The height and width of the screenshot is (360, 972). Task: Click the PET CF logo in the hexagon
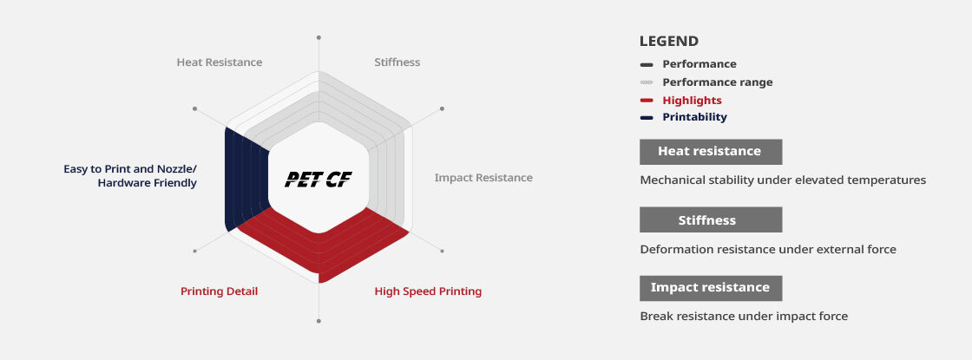pos(319,179)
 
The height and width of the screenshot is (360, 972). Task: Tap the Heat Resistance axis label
pos(220,62)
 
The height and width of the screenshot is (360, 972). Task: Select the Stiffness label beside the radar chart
pos(397,62)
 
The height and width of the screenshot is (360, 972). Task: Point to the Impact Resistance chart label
pos(483,178)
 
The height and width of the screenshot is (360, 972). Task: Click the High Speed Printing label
pos(428,291)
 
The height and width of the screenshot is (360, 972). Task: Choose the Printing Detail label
pos(219,291)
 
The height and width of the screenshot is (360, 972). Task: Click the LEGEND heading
pos(669,42)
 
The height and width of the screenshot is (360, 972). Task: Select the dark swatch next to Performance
pos(647,64)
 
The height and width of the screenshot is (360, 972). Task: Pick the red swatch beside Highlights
pos(647,101)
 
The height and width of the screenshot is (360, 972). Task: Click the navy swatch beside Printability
pos(647,117)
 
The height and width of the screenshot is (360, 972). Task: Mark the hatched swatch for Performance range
pos(647,82)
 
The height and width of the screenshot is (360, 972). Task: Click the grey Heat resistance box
pos(711,152)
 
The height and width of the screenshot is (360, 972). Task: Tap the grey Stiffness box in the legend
pos(711,220)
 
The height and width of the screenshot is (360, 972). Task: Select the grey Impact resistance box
pos(711,288)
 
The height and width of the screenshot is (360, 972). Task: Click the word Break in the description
pos(654,317)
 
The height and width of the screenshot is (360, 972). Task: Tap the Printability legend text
pos(694,117)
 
